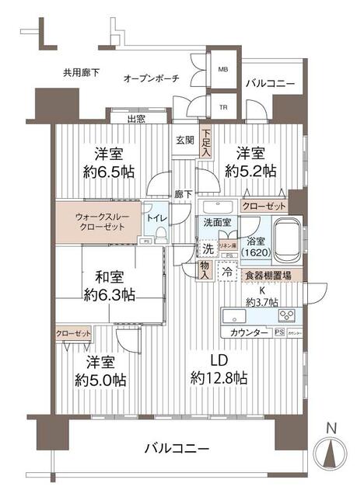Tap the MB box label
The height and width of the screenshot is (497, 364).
pyautogui.click(x=223, y=69)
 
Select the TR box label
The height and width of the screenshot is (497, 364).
pyautogui.click(x=223, y=107)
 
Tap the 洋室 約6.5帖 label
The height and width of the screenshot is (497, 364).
pyautogui.click(x=108, y=162)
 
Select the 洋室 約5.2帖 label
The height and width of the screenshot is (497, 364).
pyautogui.click(x=250, y=162)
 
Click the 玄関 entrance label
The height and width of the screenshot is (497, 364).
pyautogui.click(x=185, y=141)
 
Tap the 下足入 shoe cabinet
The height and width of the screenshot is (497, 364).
pyautogui.click(x=205, y=143)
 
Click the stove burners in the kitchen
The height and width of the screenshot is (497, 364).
pyautogui.click(x=287, y=315)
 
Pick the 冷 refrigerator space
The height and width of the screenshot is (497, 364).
pyautogui.click(x=226, y=273)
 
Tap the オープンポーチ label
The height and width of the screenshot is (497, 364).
pyautogui.click(x=152, y=78)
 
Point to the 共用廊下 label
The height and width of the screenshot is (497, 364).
pyautogui.click(x=82, y=72)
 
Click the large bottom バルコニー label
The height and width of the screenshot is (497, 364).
pyautogui.click(x=177, y=450)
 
